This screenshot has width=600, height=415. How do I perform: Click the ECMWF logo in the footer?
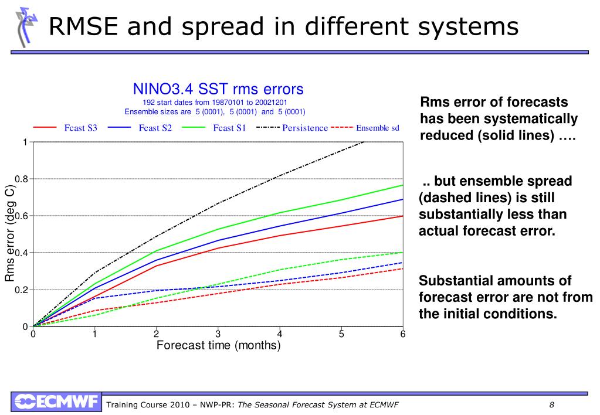pos(56,402)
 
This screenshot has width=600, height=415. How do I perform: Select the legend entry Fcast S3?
pos(80,128)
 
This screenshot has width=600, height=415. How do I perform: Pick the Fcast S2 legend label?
pos(155,128)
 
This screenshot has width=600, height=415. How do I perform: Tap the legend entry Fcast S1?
pos(229,128)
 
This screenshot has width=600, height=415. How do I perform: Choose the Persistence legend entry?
pos(305,128)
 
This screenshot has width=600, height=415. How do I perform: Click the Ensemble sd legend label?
pos(378,128)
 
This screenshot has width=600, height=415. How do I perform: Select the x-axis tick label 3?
pos(218,334)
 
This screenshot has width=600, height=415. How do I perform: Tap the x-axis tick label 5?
pos(341,334)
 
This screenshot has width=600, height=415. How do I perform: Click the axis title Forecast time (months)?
pos(218,345)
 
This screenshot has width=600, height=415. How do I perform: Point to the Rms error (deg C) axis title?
pos(10,234)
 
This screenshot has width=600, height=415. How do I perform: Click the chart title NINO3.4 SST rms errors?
pos(218,89)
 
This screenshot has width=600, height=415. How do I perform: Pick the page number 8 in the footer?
pos(552,405)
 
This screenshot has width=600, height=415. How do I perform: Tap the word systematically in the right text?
pos(524,119)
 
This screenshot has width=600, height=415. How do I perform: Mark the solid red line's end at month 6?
pos(403,216)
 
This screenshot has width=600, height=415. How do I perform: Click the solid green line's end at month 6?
pos(403,185)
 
